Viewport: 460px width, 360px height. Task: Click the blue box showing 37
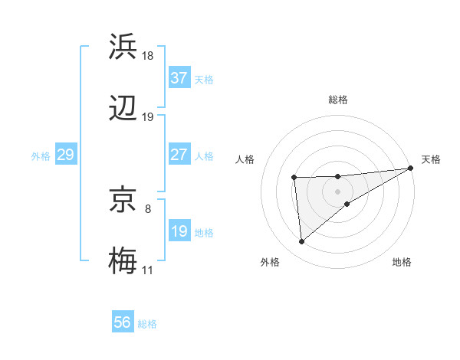[x=179, y=78]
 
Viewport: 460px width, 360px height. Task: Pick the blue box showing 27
[x=179, y=155]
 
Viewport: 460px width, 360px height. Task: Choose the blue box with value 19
[x=179, y=231]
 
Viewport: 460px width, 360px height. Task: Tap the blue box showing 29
[x=65, y=155]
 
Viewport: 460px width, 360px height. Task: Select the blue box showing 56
[x=123, y=322]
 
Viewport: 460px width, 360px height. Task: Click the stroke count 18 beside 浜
[x=148, y=55]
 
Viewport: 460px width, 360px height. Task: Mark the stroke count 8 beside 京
[x=147, y=208]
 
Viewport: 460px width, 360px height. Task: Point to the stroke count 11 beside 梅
[x=147, y=270]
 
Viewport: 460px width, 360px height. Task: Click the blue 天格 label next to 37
[x=204, y=79]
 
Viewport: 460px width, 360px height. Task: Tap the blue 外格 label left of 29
[x=41, y=155]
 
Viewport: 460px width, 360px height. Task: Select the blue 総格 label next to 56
[x=147, y=323]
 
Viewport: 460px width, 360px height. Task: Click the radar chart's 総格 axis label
[x=337, y=100]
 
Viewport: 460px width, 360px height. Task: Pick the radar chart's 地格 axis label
[x=402, y=262]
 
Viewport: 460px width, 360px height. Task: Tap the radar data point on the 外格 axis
[x=302, y=242]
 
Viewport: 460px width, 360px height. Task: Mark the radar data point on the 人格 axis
[x=294, y=178]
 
